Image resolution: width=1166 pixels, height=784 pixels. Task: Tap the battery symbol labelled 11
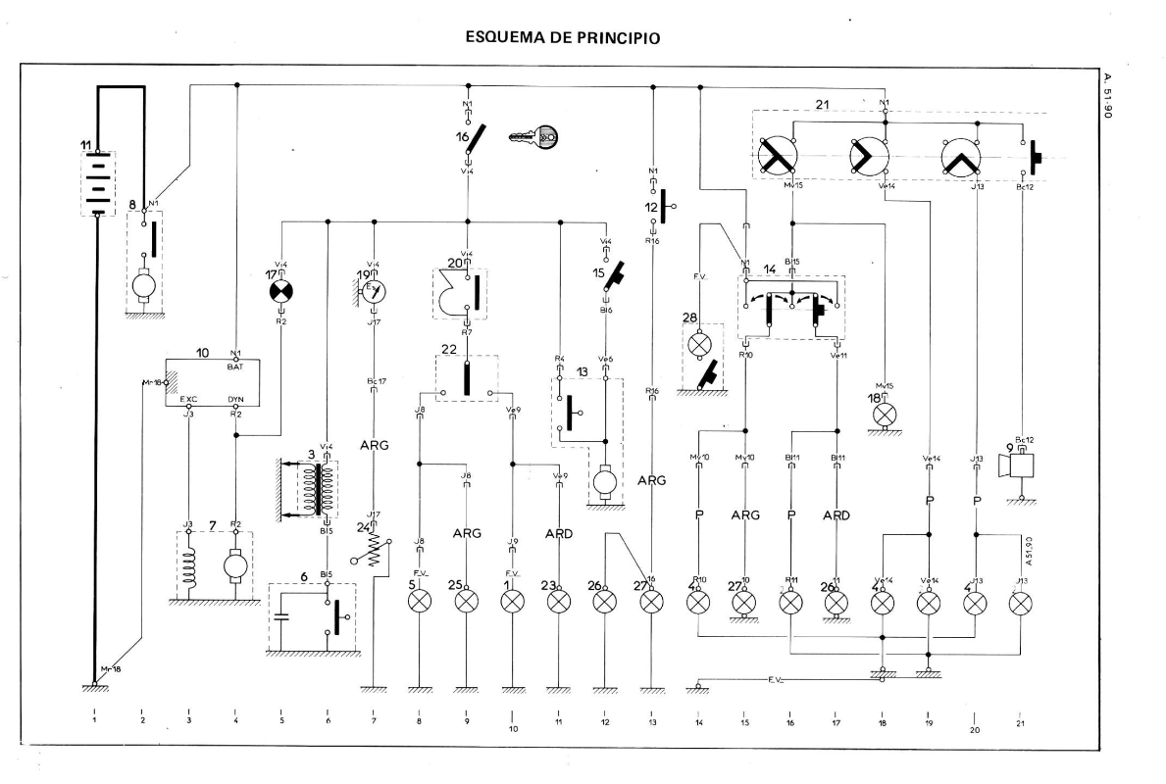(96, 183)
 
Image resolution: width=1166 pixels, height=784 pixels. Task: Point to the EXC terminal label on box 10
(189, 399)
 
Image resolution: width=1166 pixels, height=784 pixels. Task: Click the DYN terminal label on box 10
(235, 399)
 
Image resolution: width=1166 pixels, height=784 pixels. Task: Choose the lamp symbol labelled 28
(699, 346)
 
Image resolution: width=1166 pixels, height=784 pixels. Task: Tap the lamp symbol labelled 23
(559, 601)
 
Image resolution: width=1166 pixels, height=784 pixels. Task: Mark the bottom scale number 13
(651, 720)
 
